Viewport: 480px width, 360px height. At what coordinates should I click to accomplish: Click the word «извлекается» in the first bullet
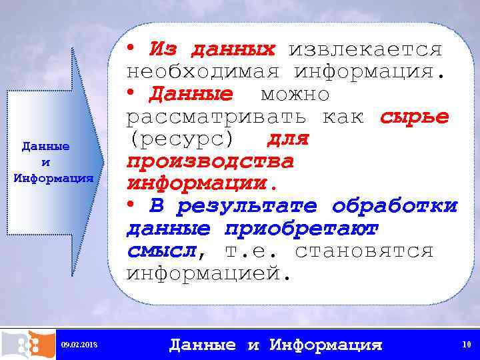[365, 49]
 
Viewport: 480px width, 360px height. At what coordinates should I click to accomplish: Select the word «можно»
[295, 94]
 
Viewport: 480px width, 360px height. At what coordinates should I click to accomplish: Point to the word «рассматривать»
[217, 117]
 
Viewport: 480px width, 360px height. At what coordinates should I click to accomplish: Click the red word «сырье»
[414, 117]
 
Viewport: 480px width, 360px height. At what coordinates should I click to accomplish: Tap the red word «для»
[288, 139]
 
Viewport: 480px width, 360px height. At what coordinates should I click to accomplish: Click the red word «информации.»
[195, 183]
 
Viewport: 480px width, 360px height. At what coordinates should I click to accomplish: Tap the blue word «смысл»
[163, 251]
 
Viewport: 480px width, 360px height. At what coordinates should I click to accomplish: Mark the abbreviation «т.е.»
[247, 251]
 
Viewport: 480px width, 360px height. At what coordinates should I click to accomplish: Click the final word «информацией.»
[209, 273]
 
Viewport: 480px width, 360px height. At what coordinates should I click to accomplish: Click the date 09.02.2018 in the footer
[79, 344]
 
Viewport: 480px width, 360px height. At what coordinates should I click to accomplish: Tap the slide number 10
[465, 344]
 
